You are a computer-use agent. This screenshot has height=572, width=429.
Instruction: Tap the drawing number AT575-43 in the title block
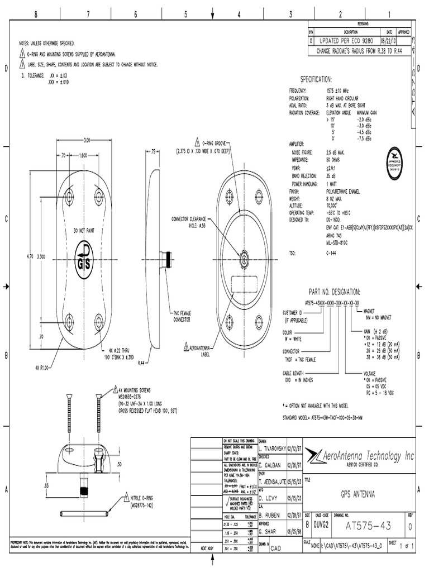[368, 526]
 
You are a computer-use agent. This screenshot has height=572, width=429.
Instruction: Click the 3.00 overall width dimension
[87, 140]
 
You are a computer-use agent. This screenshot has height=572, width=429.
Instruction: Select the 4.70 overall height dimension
[30, 256]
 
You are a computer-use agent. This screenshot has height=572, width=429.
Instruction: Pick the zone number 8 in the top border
[36, 15]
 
